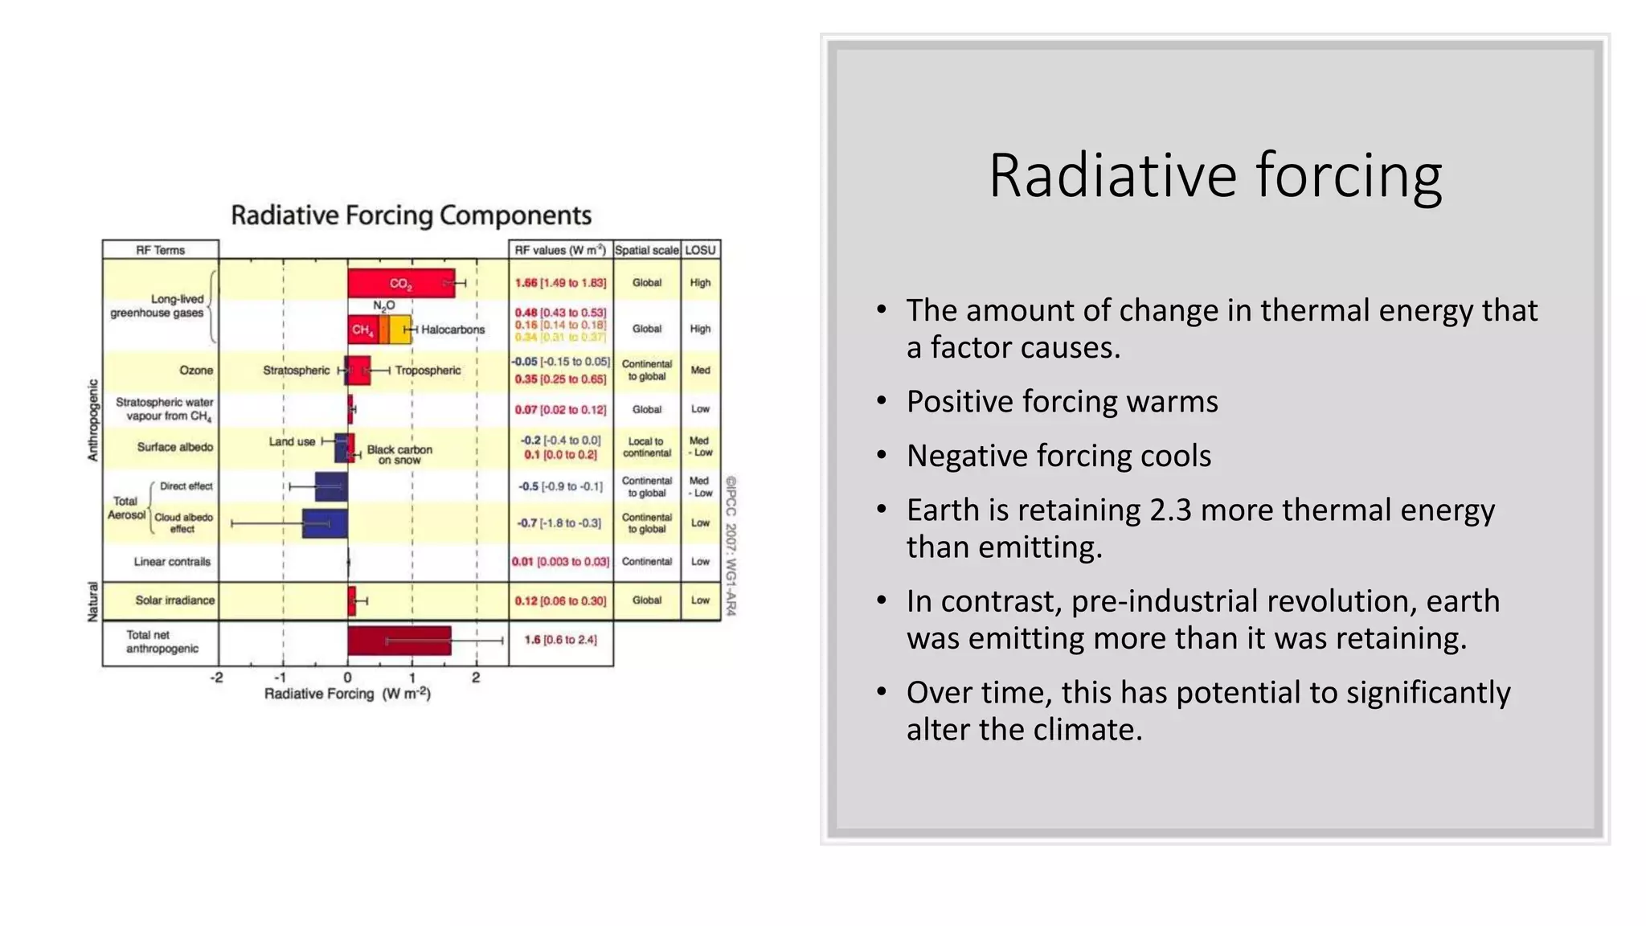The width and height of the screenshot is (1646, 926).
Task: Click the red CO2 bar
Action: pos(400,283)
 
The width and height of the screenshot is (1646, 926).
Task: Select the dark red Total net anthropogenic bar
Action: pos(399,641)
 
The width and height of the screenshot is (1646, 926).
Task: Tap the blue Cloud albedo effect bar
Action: pos(325,523)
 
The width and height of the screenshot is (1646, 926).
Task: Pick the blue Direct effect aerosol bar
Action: pos(330,487)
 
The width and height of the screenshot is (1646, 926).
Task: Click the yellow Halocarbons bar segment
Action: pos(399,330)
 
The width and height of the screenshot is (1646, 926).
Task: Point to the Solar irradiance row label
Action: pos(174,600)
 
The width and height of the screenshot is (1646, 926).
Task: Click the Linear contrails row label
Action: pos(172,562)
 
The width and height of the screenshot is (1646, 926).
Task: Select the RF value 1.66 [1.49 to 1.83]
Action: pos(560,283)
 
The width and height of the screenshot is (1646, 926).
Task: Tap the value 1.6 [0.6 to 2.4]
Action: pos(560,640)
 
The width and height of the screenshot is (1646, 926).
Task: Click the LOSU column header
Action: pos(700,250)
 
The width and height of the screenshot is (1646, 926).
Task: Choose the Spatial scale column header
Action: pos(646,250)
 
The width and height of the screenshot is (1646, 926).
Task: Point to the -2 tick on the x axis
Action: pos(217,678)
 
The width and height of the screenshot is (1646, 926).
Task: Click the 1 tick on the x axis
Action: pos(412,678)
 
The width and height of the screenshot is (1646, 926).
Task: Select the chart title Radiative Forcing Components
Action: pos(411,215)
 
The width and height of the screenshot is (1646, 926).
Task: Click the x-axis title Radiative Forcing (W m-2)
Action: pos(347,694)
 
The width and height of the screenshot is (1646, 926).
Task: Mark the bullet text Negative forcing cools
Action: pos(1058,456)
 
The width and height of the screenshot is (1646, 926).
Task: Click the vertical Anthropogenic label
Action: pos(92,420)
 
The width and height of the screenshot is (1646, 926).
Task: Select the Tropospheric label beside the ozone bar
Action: pos(428,371)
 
